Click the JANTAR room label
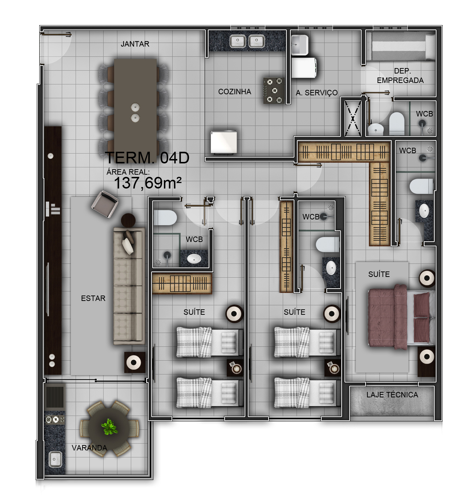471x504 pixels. pos(135,44)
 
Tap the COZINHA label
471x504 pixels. pos(234,92)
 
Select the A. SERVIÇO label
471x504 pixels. pos(317,93)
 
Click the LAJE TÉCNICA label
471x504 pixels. pos(392,394)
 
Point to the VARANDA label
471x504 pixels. pos(89,448)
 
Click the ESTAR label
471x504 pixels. pos(93,298)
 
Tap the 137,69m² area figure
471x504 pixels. pos(148,183)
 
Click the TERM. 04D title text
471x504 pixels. pos(147,158)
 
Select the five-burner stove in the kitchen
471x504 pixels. pos(274,91)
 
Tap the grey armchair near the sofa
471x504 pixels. pos(105,204)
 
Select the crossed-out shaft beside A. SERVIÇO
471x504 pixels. pos(353,118)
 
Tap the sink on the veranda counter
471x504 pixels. pos(55,459)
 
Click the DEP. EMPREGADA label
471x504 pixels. pos(400,75)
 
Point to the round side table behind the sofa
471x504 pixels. pos(128,220)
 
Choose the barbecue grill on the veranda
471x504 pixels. pos(55,396)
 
